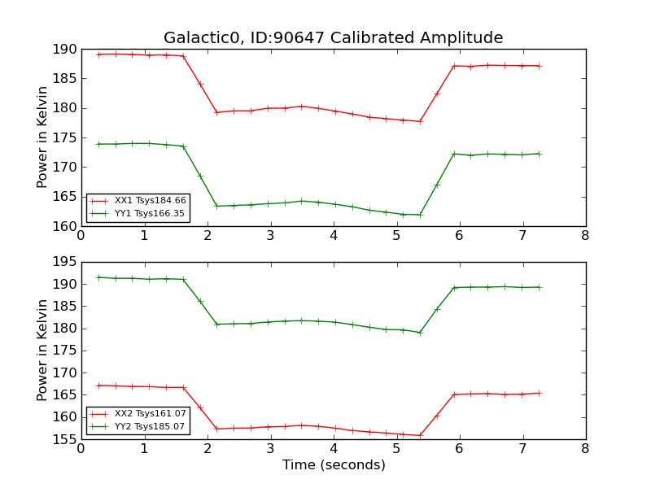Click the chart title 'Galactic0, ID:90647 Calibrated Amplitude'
(333, 38)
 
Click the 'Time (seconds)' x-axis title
(334, 465)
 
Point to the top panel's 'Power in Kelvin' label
(43, 137)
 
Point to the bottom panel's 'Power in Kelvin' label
(43, 351)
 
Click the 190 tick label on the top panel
(65, 50)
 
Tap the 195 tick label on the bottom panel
(65, 262)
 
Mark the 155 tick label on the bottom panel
(65, 439)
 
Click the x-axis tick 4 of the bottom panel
(334, 448)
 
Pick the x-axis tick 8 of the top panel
(585, 236)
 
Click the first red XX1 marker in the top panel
(98, 54)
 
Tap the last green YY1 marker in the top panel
(539, 154)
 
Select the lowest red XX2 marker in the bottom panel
(421, 435)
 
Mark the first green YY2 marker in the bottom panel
(98, 277)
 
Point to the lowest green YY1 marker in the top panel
(421, 215)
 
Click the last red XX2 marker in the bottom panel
(539, 393)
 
